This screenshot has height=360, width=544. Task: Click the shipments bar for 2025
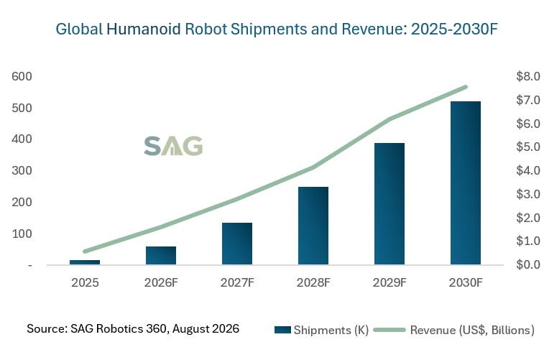85,262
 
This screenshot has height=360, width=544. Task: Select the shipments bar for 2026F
161,256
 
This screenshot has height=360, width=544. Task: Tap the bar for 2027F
237,244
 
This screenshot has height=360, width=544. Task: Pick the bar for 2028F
313,226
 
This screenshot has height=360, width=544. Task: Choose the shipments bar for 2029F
389,204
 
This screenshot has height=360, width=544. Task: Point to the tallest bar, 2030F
466,183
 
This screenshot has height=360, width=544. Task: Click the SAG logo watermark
173,146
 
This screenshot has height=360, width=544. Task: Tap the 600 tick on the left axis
22,76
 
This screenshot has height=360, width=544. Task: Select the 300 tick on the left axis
22,170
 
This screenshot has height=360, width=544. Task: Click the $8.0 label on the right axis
528,76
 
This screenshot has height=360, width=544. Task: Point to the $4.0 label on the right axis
528,170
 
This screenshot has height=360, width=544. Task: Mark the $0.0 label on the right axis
528,264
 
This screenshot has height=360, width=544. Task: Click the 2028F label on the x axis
313,282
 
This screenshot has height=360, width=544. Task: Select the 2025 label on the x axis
85,282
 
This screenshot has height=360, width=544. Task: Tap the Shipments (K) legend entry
321,330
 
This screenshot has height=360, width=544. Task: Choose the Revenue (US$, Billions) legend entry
454,330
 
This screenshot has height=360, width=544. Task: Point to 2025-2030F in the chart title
454,29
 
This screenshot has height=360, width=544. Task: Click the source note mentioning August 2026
133,328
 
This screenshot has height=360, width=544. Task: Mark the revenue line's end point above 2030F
466,87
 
